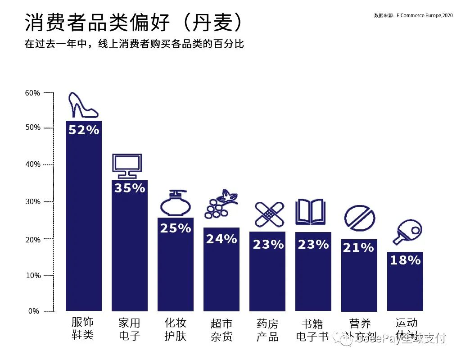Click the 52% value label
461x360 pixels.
pos(84,130)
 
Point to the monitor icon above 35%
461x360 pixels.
pos(127,166)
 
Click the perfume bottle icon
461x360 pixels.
pos(175,204)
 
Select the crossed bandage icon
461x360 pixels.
pos(269,214)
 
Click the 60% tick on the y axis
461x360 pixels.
pos(32,93)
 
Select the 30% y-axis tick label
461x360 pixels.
pos(32,202)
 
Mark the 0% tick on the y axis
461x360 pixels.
pos(34,311)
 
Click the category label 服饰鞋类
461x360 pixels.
pos(83,328)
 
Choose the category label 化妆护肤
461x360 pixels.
pos(175,329)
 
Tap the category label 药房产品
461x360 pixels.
pos(267,330)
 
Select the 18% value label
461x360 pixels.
pos(405,260)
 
